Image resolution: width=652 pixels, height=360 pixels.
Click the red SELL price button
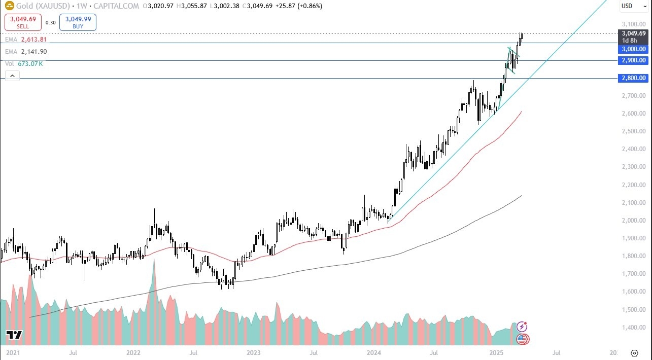coord(23,22)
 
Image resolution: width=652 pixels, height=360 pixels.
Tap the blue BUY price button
coord(78,22)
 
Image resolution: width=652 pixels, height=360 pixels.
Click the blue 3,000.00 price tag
coord(633,49)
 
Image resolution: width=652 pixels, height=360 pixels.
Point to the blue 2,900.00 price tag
coord(633,60)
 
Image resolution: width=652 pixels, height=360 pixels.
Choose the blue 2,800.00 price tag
coord(633,78)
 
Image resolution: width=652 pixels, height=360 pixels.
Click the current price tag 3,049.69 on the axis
coord(633,33)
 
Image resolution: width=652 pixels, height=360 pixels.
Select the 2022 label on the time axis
coord(133,352)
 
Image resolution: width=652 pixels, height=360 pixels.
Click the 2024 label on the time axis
coord(374,352)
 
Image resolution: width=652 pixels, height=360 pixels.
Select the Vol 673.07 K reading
coord(30,64)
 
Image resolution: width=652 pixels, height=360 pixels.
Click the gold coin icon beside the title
coord(9,6)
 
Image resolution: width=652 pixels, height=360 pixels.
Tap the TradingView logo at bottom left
coord(14,335)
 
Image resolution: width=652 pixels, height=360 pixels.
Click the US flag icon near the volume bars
coord(523,339)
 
